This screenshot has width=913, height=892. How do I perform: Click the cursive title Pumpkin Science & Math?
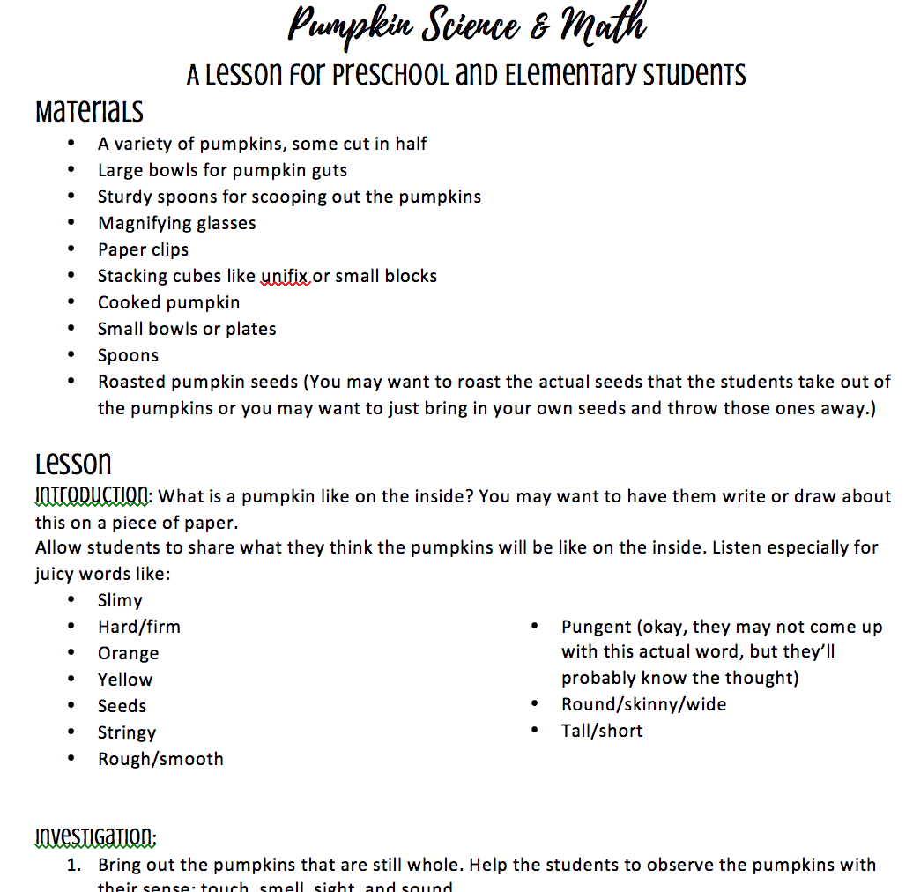click(467, 26)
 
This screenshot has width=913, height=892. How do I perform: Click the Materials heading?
click(89, 112)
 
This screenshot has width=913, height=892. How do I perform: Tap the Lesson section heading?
click(73, 463)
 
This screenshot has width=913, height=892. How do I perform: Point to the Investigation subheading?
click(95, 836)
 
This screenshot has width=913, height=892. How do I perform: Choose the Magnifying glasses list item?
click(176, 223)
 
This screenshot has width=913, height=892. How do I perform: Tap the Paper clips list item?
click(143, 249)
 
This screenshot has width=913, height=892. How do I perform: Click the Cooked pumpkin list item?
click(168, 302)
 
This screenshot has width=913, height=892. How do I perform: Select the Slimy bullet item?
click(120, 600)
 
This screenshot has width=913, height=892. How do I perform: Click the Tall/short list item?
click(602, 731)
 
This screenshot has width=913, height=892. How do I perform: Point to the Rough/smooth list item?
click(160, 759)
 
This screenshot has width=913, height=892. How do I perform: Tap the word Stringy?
click(127, 732)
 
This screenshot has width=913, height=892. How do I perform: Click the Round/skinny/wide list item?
click(643, 704)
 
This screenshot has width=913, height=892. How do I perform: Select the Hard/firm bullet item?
click(138, 627)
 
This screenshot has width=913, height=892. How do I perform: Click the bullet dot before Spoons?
click(71, 355)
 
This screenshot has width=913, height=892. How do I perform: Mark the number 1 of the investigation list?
click(75, 865)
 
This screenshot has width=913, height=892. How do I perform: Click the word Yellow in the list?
click(125, 680)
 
